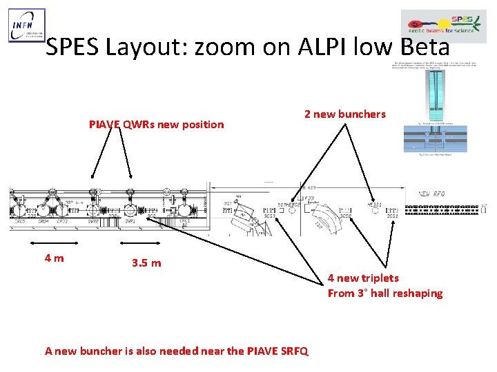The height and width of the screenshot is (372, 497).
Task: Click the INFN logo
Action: [x=27, y=25]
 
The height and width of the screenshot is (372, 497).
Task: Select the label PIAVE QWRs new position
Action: [x=157, y=125]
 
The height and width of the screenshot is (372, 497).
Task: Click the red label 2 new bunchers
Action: [x=345, y=114]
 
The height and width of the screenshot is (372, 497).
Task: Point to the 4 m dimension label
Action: [x=55, y=258]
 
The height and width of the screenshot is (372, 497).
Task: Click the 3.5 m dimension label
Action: [x=146, y=263]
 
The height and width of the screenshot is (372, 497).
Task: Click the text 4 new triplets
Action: [x=363, y=278]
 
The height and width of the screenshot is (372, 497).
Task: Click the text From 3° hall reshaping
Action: [x=385, y=293]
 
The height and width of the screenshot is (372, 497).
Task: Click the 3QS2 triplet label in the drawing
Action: [x=345, y=216]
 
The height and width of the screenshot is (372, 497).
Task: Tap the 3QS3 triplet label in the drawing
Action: [x=269, y=216]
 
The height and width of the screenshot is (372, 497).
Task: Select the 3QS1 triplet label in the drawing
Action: [x=392, y=216]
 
